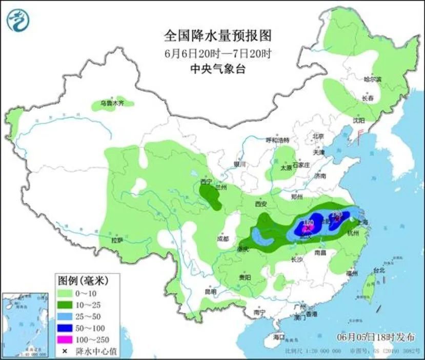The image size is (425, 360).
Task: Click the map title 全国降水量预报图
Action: coord(217,36)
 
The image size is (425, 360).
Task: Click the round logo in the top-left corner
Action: coord(18,19)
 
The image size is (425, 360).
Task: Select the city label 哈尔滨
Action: coord(373,79)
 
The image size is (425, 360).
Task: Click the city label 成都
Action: coord(222,238)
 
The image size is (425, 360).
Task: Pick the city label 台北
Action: coord(378,270)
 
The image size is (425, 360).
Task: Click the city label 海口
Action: coord(278,337)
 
